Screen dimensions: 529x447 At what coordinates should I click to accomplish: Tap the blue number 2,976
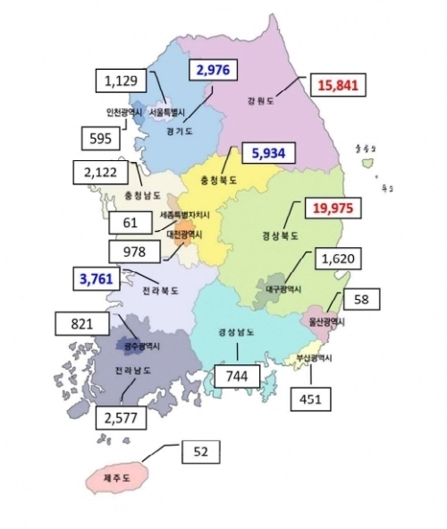pyautogui.click(x=214, y=71)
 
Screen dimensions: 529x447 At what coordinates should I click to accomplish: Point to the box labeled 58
pyautogui.click(x=361, y=297)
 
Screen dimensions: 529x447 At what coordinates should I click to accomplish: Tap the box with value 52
pyautogui.click(x=201, y=453)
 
